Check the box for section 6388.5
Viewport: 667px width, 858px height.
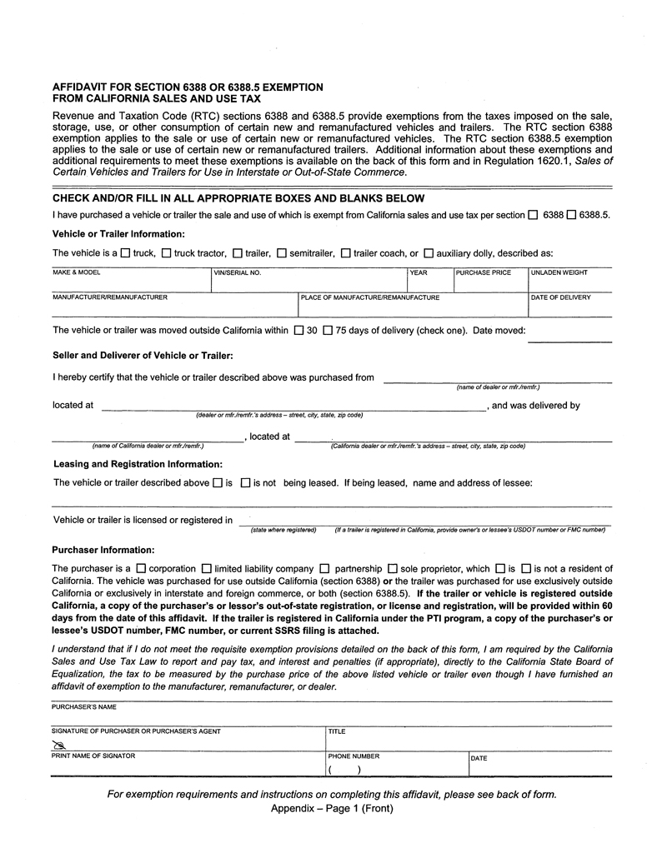tap(571, 215)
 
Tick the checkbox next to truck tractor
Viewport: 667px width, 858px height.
tap(166, 252)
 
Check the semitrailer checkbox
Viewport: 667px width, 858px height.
tap(282, 252)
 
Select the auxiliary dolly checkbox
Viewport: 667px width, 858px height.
tap(429, 252)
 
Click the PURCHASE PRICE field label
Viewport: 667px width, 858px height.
tap(484, 272)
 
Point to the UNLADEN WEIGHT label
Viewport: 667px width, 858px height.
tap(559, 272)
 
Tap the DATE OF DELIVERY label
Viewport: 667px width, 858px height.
tap(560, 297)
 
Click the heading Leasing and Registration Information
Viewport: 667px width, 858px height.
tap(138, 464)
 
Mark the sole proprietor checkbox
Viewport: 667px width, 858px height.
tap(393, 569)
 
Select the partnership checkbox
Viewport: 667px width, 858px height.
tap(325, 569)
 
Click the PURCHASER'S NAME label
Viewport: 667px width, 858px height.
tap(83, 706)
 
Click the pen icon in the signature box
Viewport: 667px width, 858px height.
tap(58, 744)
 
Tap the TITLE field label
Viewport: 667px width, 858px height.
tap(337, 731)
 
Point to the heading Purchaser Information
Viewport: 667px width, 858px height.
tap(103, 550)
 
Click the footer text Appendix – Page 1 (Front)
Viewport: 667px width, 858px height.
tap(332, 809)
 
